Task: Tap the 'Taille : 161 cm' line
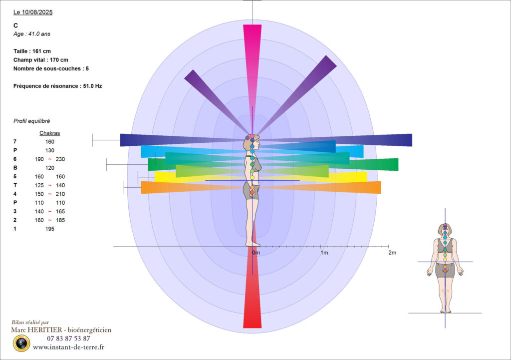click(x=32, y=51)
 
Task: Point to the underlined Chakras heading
click(x=49, y=133)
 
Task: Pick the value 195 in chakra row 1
click(x=49, y=229)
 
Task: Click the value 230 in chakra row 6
click(x=61, y=159)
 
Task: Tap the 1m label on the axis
click(x=324, y=253)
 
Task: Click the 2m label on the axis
click(x=392, y=253)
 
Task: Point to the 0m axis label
click(x=255, y=253)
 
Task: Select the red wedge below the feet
click(x=252, y=300)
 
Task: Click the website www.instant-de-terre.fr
click(x=68, y=347)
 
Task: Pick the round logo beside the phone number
click(x=21, y=343)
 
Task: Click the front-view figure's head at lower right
click(x=445, y=230)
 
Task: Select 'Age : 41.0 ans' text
click(x=31, y=34)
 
